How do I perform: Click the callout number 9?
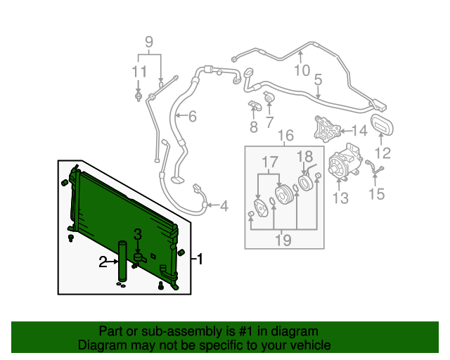click(149, 42)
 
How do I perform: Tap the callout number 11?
click(139, 72)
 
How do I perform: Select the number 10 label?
click(302, 70)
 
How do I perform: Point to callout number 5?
click(319, 79)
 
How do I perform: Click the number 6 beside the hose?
click(193, 116)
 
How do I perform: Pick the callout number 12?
click(382, 153)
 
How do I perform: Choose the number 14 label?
click(359, 131)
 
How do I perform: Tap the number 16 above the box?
click(286, 136)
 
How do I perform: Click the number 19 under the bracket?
click(283, 240)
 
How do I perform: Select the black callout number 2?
click(103, 262)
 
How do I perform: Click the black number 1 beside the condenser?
click(200, 259)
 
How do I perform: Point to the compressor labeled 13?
click(343, 162)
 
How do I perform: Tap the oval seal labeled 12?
click(382, 124)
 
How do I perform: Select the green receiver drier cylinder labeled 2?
click(122, 261)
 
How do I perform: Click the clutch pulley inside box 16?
click(283, 195)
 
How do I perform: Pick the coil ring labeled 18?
click(305, 183)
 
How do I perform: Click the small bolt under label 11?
click(139, 96)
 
